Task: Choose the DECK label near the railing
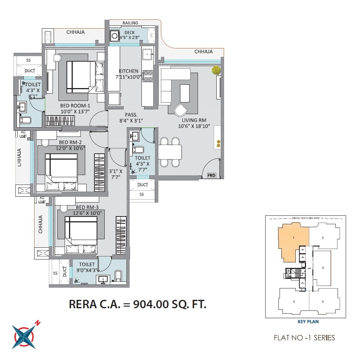(x=129, y=33)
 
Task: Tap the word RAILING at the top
(x=130, y=23)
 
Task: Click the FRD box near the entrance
(x=211, y=175)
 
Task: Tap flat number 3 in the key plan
(x=323, y=268)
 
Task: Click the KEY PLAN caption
(x=308, y=321)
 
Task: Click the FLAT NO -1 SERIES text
(x=304, y=338)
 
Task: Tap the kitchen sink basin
(x=148, y=54)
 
